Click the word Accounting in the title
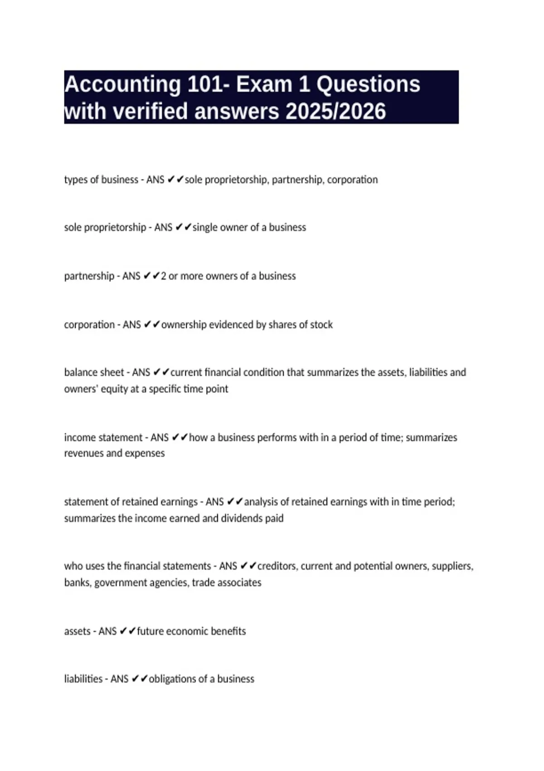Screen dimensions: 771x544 pyautogui.click(x=122, y=85)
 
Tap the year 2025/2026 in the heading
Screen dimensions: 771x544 pyautogui.click(x=335, y=112)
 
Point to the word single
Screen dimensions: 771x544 pyautogui.click(x=205, y=227)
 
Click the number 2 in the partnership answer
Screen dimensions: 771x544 pyautogui.click(x=164, y=276)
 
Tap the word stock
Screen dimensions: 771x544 pyautogui.click(x=322, y=325)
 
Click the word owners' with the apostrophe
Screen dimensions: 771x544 pyautogui.click(x=80, y=389)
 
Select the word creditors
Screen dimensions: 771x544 pyautogui.click(x=277, y=566)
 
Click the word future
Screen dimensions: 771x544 pyautogui.click(x=150, y=631)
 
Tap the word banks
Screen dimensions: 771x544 pyautogui.click(x=78, y=583)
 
